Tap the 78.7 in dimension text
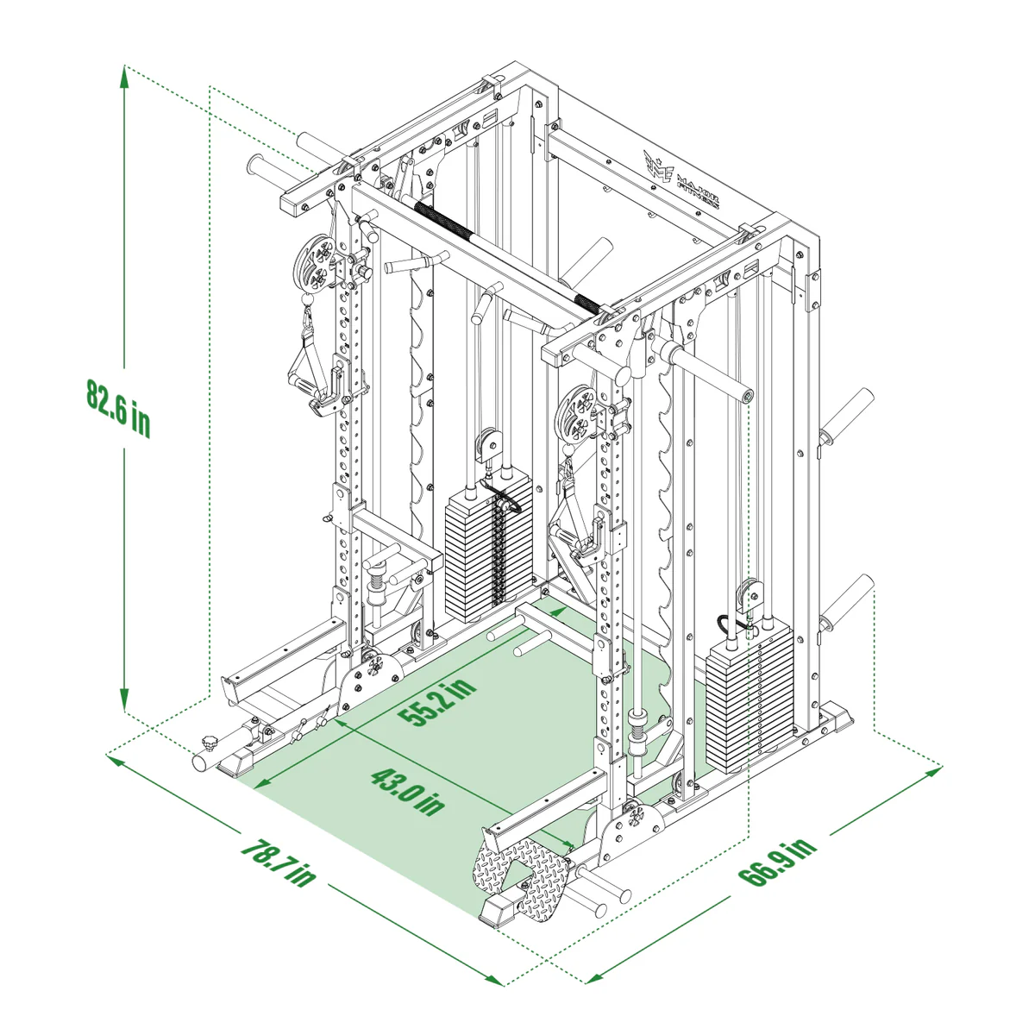tap(278, 861)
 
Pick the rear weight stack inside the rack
tap(489, 556)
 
